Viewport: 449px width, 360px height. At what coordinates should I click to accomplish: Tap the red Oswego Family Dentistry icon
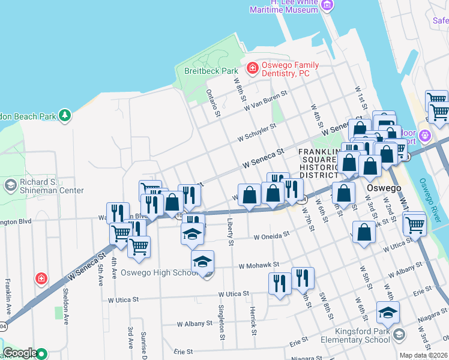coord(253,68)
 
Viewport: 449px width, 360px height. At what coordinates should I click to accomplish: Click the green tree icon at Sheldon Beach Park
coord(65,114)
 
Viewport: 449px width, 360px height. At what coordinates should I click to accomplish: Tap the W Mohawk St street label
coord(259,265)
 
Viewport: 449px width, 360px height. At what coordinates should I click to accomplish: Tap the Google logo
coord(20,353)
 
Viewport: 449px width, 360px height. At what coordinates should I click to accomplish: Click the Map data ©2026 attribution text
coord(423,355)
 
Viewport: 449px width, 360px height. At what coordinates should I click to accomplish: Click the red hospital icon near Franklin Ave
coord(41,278)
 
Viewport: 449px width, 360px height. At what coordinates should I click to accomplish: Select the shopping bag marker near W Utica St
coord(364,233)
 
